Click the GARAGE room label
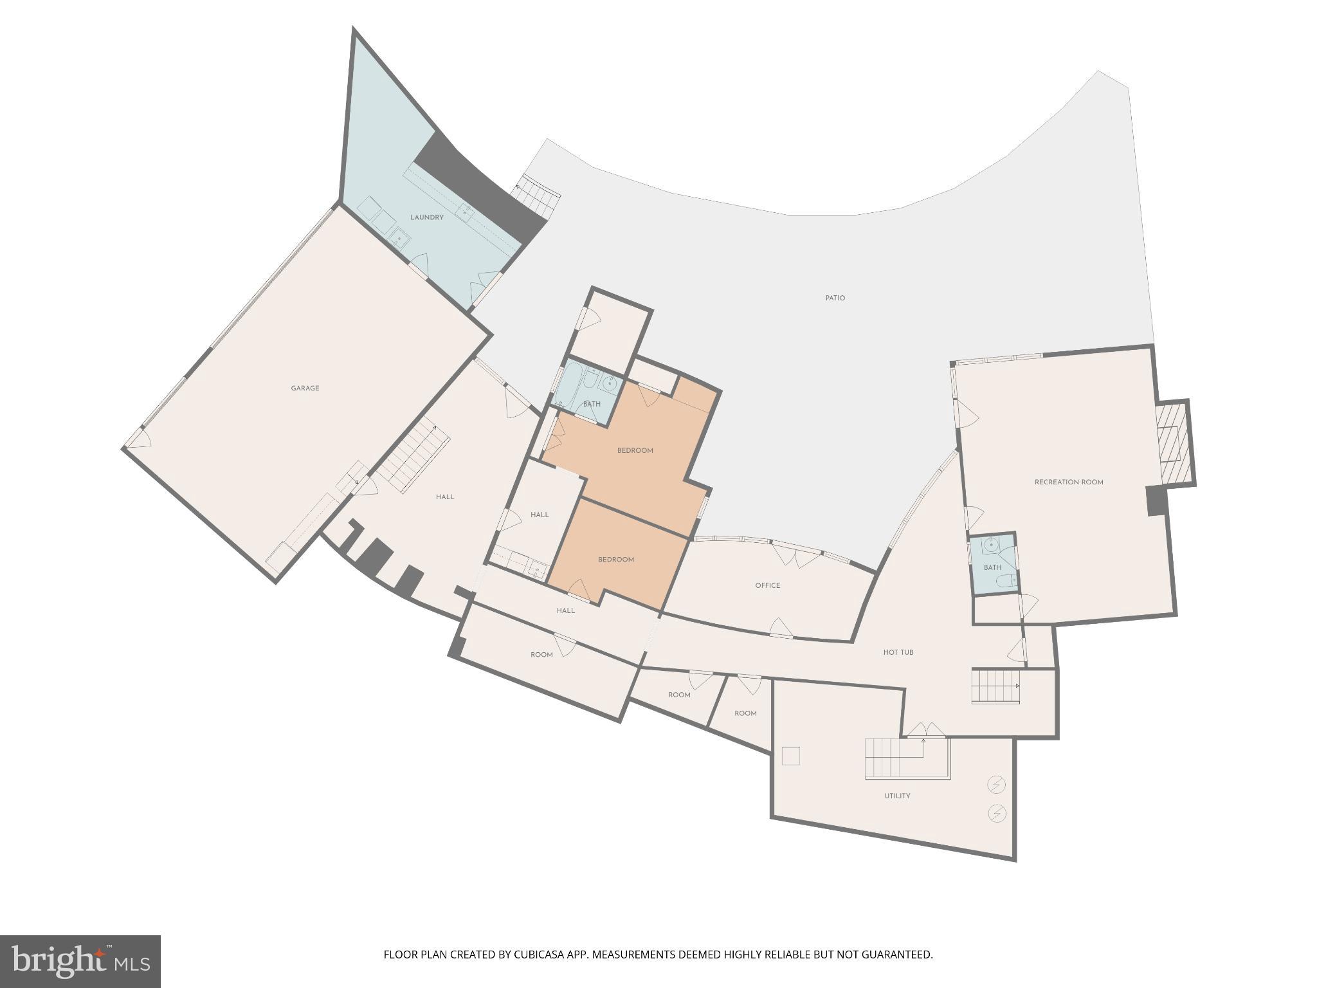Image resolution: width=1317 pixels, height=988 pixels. click(x=305, y=389)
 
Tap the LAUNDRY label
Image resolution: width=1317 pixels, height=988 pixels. click(x=427, y=217)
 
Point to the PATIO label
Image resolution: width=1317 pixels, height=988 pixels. click(x=835, y=298)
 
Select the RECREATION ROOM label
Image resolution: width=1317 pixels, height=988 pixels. click(x=1069, y=482)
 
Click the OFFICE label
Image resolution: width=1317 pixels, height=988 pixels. click(x=768, y=586)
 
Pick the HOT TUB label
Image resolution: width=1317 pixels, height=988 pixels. click(x=898, y=652)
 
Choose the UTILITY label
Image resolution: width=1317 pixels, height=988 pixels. click(x=897, y=796)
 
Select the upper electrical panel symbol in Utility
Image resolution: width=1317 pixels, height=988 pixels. click(x=996, y=785)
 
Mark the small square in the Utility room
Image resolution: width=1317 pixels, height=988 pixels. click(x=791, y=756)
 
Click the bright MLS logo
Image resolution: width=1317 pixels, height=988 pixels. click(x=80, y=962)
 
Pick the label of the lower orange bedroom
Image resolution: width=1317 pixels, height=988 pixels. click(x=616, y=560)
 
